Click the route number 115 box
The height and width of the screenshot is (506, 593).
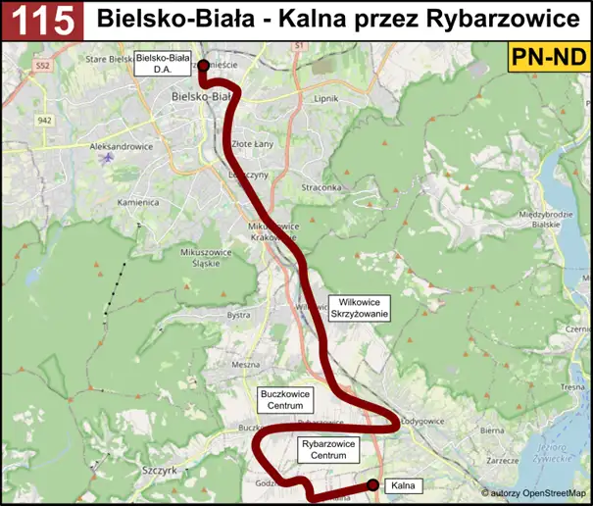tap(41, 20)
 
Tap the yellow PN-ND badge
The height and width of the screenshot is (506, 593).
tap(547, 58)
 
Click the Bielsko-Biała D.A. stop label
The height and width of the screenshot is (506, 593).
tap(163, 64)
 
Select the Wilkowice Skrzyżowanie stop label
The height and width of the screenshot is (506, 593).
tap(360, 308)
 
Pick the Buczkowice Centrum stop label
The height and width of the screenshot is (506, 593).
tap(284, 398)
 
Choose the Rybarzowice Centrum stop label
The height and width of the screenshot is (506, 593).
tap(325, 450)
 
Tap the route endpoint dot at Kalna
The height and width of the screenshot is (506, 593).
tap(372, 484)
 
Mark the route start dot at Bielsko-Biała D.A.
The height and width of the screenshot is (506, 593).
tap(203, 66)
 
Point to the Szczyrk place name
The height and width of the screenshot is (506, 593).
tap(158, 472)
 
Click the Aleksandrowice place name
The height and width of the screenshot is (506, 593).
tap(121, 145)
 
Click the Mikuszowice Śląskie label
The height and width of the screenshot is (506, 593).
tap(203, 257)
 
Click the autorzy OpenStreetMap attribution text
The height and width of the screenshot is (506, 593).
tap(533, 493)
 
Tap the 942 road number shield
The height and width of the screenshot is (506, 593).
tap(45, 120)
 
